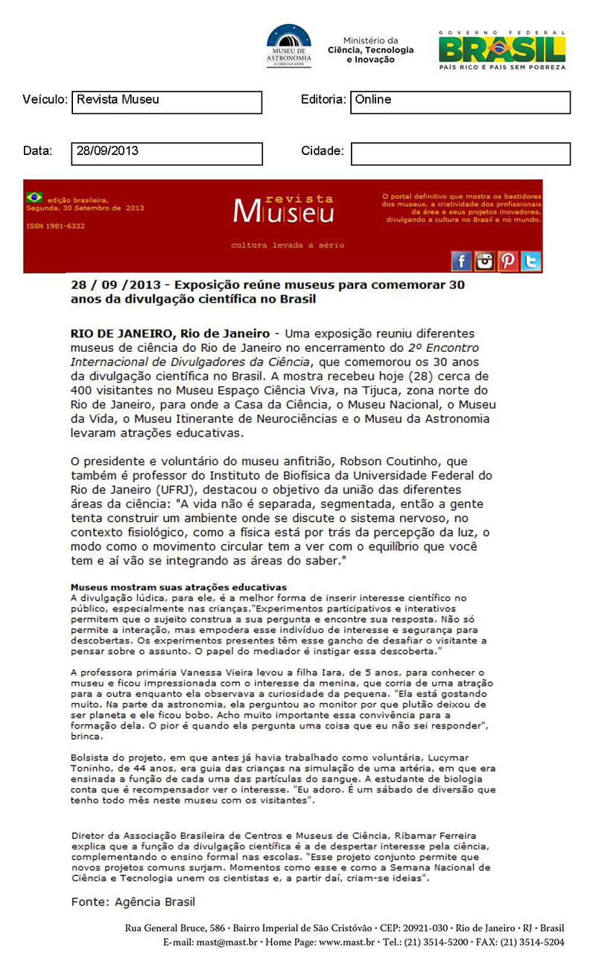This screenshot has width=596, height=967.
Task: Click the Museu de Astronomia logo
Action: pos(289,46)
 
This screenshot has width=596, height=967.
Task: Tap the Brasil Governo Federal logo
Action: pos(501,50)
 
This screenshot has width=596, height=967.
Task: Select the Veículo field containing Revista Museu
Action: pos(167,102)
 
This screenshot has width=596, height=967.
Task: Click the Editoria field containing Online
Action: pos(460,102)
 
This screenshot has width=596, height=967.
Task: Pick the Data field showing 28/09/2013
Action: pos(167,154)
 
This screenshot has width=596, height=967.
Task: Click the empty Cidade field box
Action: pos(460,154)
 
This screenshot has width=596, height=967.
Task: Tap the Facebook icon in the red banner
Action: pos(461,260)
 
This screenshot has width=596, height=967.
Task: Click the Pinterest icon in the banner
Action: pos(508,260)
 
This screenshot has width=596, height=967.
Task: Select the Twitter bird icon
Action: pos(531,260)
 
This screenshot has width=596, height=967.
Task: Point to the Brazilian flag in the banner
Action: pos(34,198)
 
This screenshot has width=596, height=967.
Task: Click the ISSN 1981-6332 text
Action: pos(55,226)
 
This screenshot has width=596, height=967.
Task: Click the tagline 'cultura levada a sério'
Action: pos(288,245)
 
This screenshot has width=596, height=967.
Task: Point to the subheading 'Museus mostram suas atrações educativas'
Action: pos(178,588)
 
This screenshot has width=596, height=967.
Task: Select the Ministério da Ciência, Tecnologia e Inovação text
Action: pos(370,50)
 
